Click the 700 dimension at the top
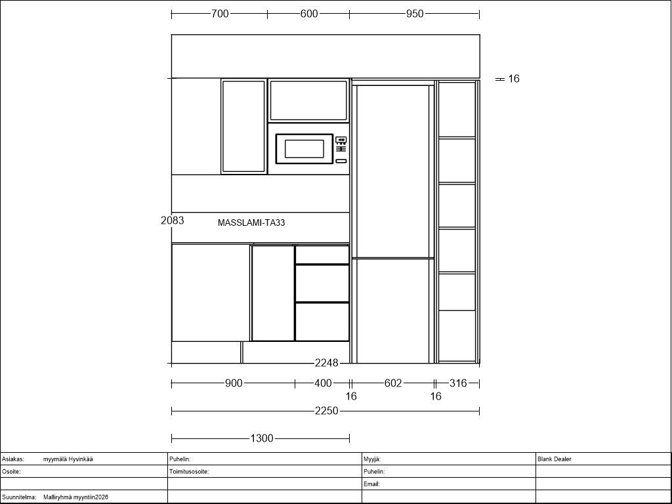220,14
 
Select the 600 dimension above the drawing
309,14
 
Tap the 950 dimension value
415,14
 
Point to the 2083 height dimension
173,220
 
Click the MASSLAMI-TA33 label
251,223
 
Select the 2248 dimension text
327,363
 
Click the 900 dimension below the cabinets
234,383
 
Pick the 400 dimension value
323,383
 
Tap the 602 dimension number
393,383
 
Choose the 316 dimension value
457,383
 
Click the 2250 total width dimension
327,411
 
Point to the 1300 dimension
262,438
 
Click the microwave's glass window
304,149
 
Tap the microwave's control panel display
341,140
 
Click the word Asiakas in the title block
13,459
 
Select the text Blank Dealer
555,459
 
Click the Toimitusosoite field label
189,471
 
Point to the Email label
371,484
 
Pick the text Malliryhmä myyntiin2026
76,497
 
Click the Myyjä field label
372,459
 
